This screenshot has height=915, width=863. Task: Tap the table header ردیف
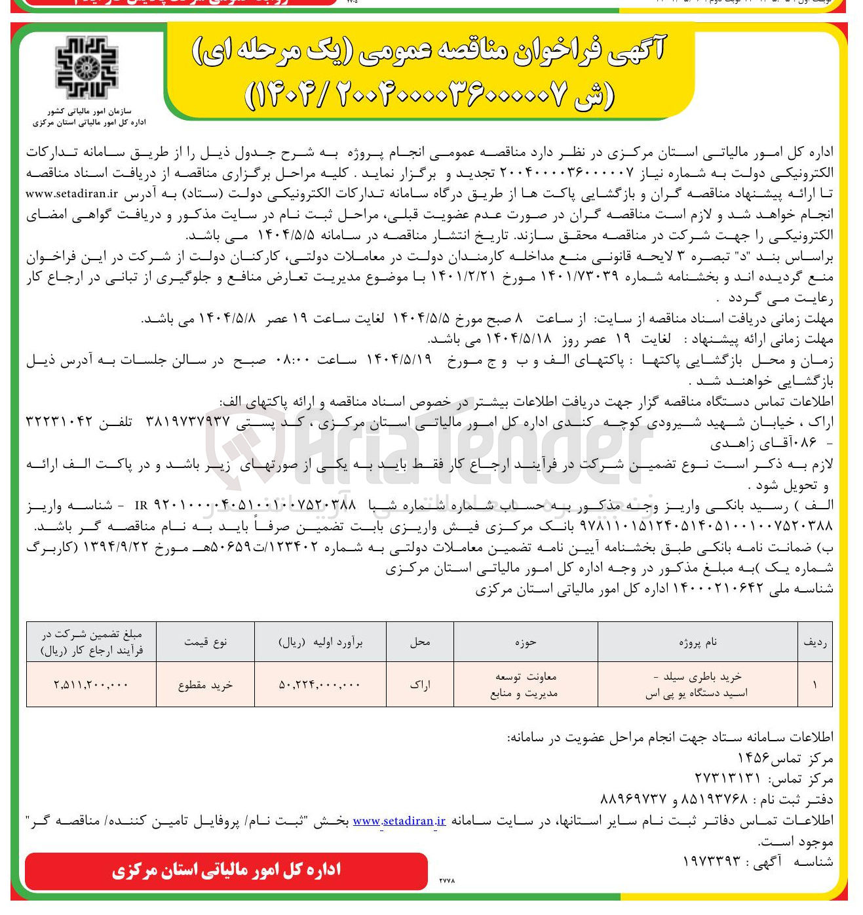click(x=815, y=642)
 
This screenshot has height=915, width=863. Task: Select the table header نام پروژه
click(x=697, y=642)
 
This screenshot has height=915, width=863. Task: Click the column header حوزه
click(x=525, y=642)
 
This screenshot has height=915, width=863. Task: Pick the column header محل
click(x=420, y=642)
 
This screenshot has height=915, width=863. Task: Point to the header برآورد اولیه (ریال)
click(x=320, y=642)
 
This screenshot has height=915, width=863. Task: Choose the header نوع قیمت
click(x=205, y=642)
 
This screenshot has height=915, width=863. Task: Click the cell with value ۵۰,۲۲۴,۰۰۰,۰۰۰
click(x=320, y=685)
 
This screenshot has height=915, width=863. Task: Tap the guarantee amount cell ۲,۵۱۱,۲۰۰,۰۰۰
click(x=91, y=685)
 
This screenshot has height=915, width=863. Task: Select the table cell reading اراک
click(x=420, y=685)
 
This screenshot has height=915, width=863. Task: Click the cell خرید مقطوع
click(x=205, y=685)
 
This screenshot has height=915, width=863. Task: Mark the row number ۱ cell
click(x=815, y=685)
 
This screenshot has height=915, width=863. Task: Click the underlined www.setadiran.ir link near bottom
click(x=399, y=821)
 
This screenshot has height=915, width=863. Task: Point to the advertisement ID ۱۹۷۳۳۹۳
click(x=711, y=861)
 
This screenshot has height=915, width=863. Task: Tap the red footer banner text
click(x=226, y=870)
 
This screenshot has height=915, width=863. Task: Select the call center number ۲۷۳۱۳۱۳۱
click(x=727, y=779)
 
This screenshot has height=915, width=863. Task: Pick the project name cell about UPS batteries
click(x=697, y=685)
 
